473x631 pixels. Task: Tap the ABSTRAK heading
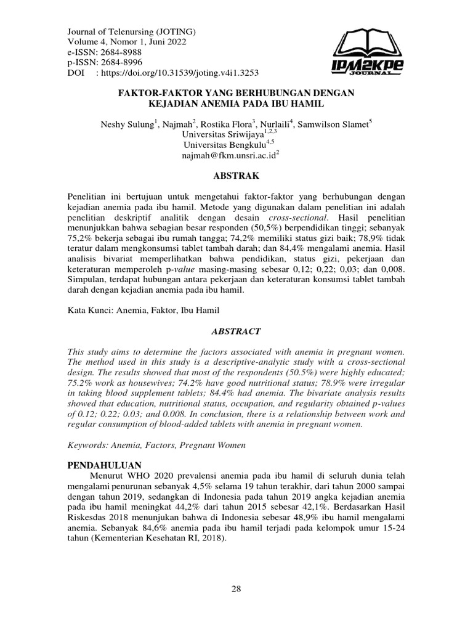coord(236,176)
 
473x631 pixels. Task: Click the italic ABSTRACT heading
coord(236,331)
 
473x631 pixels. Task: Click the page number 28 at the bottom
coord(236,589)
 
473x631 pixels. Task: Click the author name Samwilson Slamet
coord(333,124)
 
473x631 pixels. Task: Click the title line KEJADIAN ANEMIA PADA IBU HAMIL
coord(236,103)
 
